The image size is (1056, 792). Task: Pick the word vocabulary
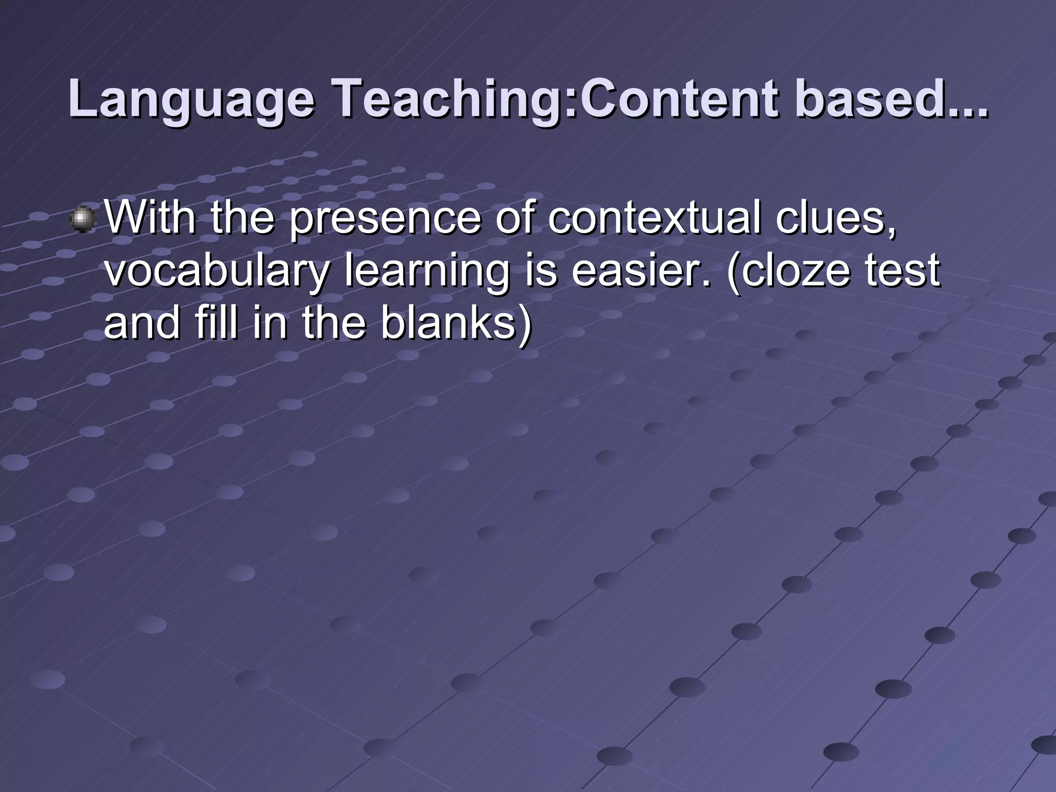[216, 272]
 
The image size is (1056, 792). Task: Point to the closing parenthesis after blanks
[525, 325]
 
